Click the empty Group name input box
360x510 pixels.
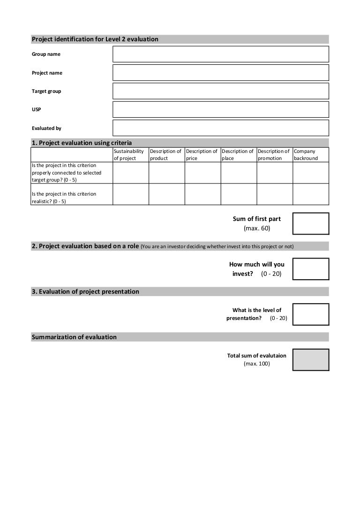point(221,54)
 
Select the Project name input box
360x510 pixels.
point(221,73)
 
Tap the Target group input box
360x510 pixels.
point(221,91)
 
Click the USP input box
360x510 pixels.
point(221,109)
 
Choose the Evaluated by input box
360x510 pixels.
point(221,128)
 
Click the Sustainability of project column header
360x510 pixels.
point(130,155)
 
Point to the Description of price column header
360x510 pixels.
point(202,155)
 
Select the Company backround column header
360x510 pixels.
point(310,155)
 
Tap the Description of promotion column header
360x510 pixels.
point(274,155)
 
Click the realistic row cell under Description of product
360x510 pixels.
point(166,194)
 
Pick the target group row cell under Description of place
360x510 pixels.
point(239,173)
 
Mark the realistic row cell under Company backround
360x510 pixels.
point(310,194)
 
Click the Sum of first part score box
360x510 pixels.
point(311,223)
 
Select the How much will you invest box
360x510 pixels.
point(311,269)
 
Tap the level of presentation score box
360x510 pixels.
point(311,314)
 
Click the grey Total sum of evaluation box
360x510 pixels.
point(311,360)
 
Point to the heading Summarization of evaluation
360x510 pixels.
point(74,337)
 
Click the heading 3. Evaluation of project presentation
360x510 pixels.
point(85,291)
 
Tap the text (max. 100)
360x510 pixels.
point(256,364)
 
